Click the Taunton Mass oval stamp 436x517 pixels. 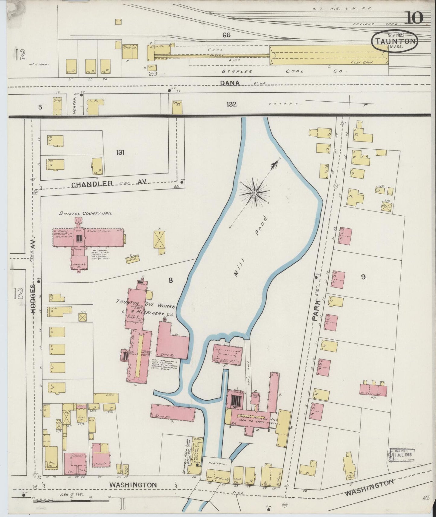(395, 41)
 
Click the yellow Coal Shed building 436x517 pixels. (329, 55)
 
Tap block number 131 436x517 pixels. (120, 153)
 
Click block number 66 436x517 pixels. (226, 35)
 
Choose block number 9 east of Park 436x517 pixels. (363, 277)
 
